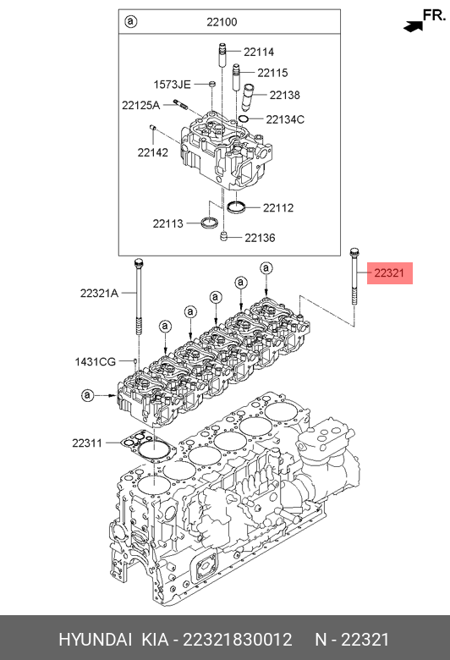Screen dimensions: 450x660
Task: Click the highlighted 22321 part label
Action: coord(389,273)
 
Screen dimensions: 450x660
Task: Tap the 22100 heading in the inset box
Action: coord(222,22)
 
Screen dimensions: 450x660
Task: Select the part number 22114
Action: coord(259,52)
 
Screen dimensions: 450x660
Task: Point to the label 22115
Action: coord(272,73)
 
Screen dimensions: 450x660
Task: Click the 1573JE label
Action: coord(173,85)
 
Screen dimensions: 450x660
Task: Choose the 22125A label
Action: coord(141,105)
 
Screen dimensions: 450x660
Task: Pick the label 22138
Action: coord(285,95)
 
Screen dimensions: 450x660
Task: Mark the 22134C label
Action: coord(285,119)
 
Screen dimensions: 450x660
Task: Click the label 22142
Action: coord(153,152)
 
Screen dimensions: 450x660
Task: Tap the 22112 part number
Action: coord(278,208)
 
